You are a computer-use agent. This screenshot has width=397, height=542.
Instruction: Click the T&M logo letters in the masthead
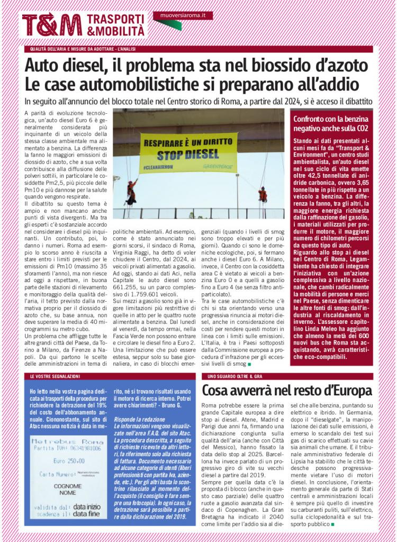(52, 25)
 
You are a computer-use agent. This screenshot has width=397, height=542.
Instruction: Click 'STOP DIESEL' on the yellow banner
(188, 155)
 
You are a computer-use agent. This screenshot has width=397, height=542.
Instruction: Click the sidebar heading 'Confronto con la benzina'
(331, 119)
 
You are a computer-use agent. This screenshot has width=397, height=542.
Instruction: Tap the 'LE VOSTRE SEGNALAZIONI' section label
(55, 376)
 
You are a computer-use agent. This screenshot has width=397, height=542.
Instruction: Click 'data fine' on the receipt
(87, 513)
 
